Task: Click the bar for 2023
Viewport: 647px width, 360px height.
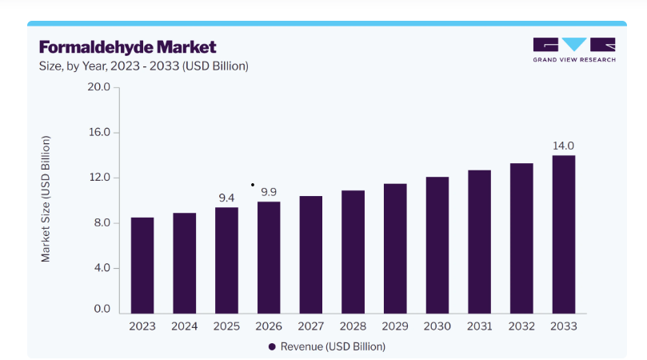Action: pos(142,266)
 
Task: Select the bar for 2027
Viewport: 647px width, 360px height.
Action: pos(311,254)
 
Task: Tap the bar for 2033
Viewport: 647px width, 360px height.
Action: pos(564,234)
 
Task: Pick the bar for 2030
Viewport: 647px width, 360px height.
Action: pos(437,246)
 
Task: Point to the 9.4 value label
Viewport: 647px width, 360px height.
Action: pos(226,198)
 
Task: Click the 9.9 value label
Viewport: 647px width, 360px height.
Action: pos(269,192)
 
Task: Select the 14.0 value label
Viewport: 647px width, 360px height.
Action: pos(563,146)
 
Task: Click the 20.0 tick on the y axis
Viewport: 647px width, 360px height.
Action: pos(98,86)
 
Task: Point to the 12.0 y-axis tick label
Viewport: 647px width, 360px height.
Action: pos(99,178)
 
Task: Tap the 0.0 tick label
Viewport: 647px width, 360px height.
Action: pos(102,309)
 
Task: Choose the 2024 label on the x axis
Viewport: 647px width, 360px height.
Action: pos(185,326)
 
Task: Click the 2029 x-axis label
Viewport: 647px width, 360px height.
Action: pos(395,326)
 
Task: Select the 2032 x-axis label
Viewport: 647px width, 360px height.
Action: pos(521,326)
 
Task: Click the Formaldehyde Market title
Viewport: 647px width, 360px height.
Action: pos(127,47)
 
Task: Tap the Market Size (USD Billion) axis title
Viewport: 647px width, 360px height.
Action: pos(46,198)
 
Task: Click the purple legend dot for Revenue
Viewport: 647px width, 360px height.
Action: pos(272,346)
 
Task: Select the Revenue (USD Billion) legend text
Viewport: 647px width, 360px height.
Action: pos(333,346)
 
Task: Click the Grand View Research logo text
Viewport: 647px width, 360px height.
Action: pos(574,60)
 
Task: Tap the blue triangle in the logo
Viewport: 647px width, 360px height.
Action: pos(574,43)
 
